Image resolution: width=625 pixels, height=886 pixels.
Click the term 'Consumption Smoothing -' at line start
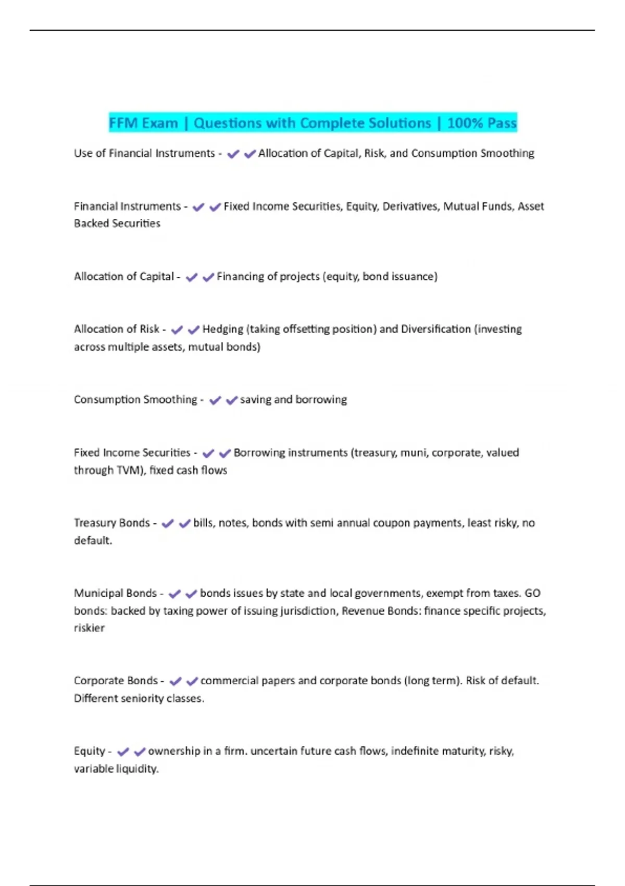[139, 400]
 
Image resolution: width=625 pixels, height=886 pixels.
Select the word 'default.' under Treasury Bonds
[93, 540]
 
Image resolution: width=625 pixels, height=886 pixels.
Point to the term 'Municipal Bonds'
[115, 593]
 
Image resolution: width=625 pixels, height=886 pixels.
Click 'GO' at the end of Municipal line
[532, 593]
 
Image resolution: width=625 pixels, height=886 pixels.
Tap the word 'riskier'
[89, 628]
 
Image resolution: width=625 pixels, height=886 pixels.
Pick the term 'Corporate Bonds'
[116, 681]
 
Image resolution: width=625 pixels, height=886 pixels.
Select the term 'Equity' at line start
[90, 751]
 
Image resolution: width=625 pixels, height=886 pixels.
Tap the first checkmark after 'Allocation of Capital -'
[192, 277]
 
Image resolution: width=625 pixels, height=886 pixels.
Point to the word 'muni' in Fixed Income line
[413, 453]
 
